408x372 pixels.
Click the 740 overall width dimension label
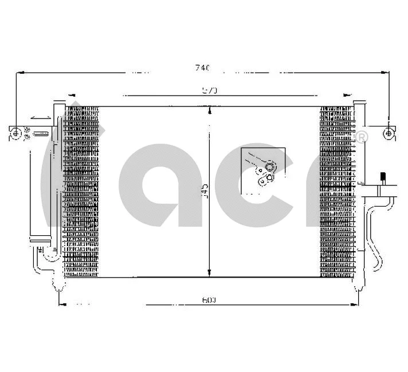202,68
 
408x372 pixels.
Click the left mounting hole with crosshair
18,133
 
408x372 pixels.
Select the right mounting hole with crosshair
389,133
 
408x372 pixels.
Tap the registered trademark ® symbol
363,137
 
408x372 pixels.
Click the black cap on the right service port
382,176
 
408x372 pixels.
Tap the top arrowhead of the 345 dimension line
210,110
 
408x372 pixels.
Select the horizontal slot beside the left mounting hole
41,134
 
